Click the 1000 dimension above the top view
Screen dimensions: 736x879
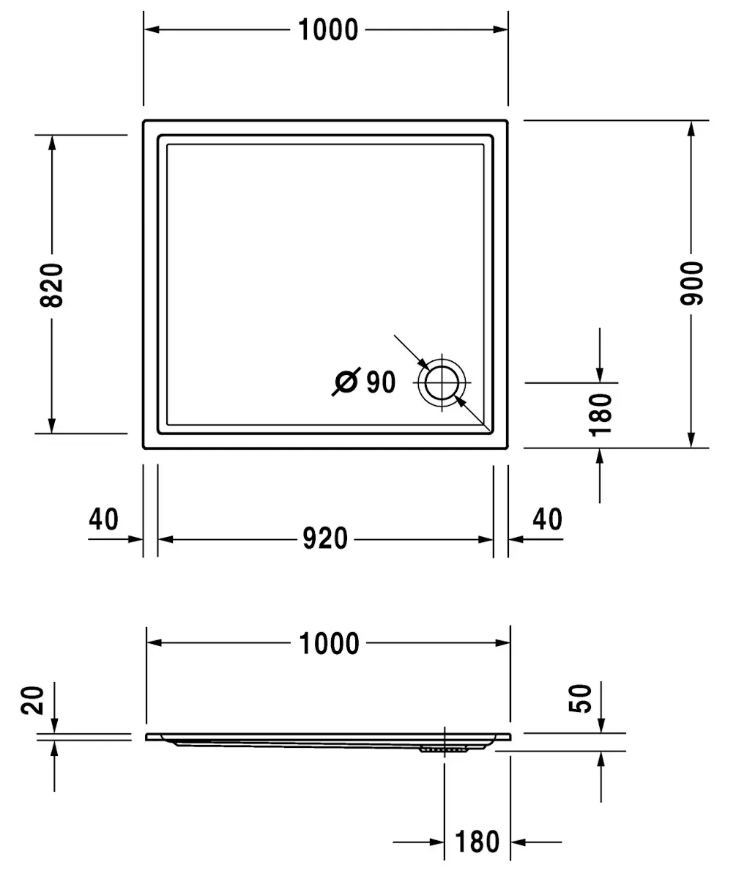(328, 30)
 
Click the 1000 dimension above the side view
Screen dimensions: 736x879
(329, 644)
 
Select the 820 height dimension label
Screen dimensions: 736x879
(52, 285)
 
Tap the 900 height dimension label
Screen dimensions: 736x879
(691, 283)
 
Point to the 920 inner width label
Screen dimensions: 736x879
(325, 538)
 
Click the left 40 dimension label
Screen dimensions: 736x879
(103, 519)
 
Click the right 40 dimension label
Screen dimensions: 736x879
(547, 519)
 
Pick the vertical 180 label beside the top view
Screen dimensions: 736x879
(600, 415)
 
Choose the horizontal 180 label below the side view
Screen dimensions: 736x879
(477, 842)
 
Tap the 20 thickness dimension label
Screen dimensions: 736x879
(32, 700)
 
